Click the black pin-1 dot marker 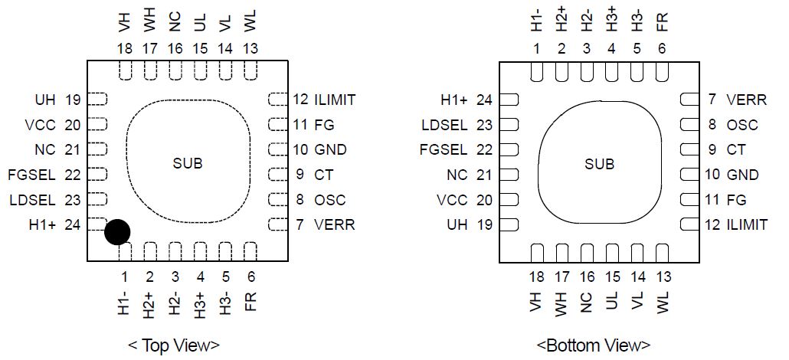click(x=116, y=232)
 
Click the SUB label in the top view click(x=188, y=163)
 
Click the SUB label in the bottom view click(x=600, y=164)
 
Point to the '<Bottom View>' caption click(x=593, y=345)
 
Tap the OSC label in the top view click(x=329, y=200)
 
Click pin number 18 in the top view click(x=125, y=48)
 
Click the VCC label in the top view click(x=41, y=125)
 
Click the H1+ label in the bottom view click(x=455, y=100)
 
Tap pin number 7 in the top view click(x=300, y=225)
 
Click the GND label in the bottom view click(x=742, y=175)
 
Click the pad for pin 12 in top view click(x=276, y=99)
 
